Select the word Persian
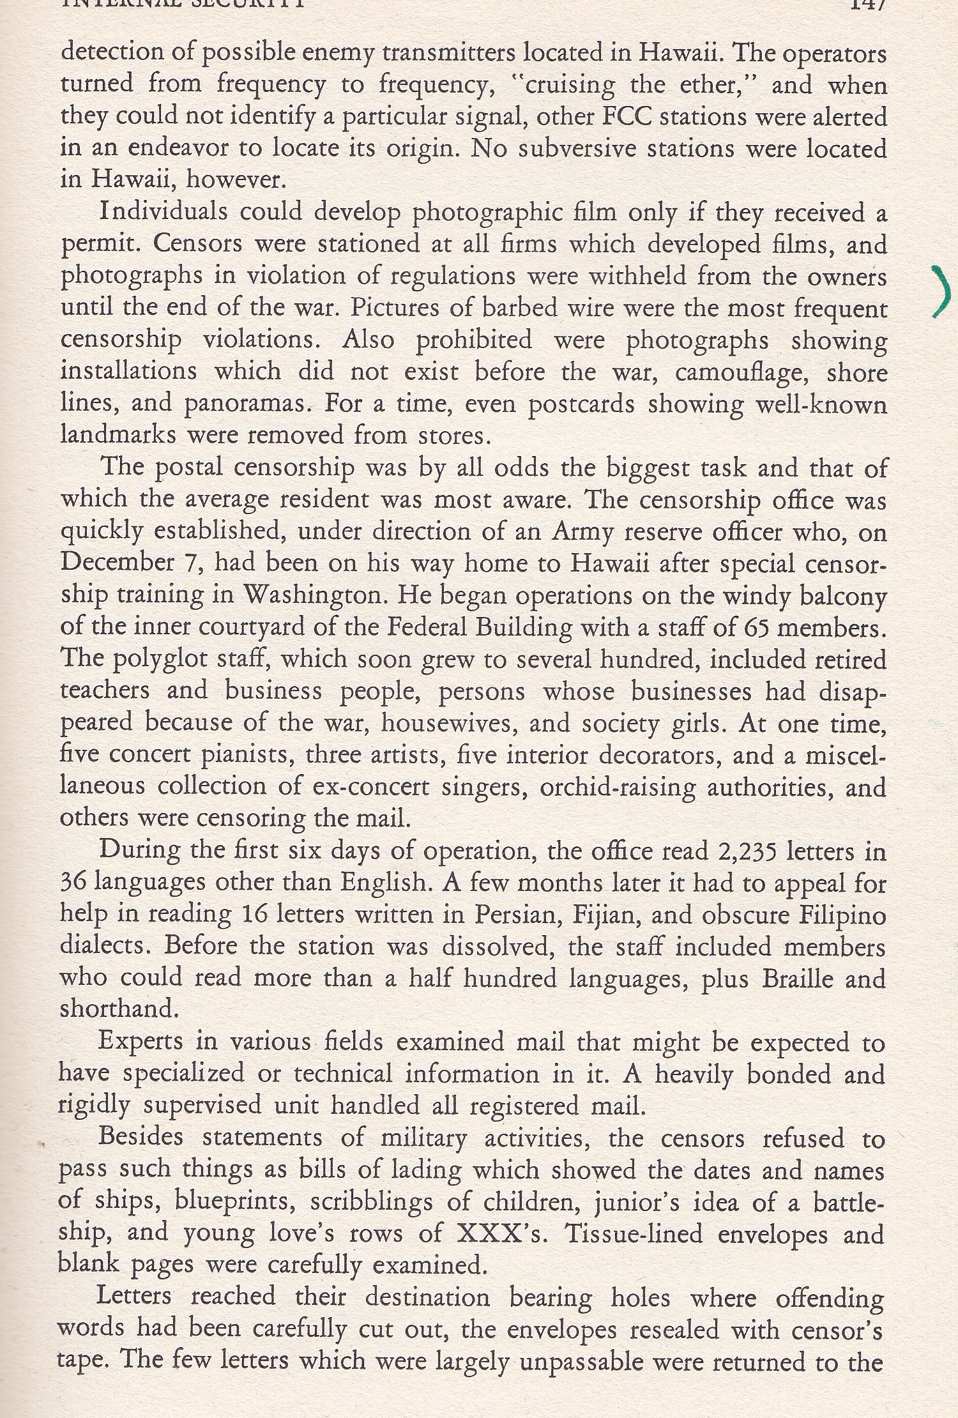point(515,915)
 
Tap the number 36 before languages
point(73,883)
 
